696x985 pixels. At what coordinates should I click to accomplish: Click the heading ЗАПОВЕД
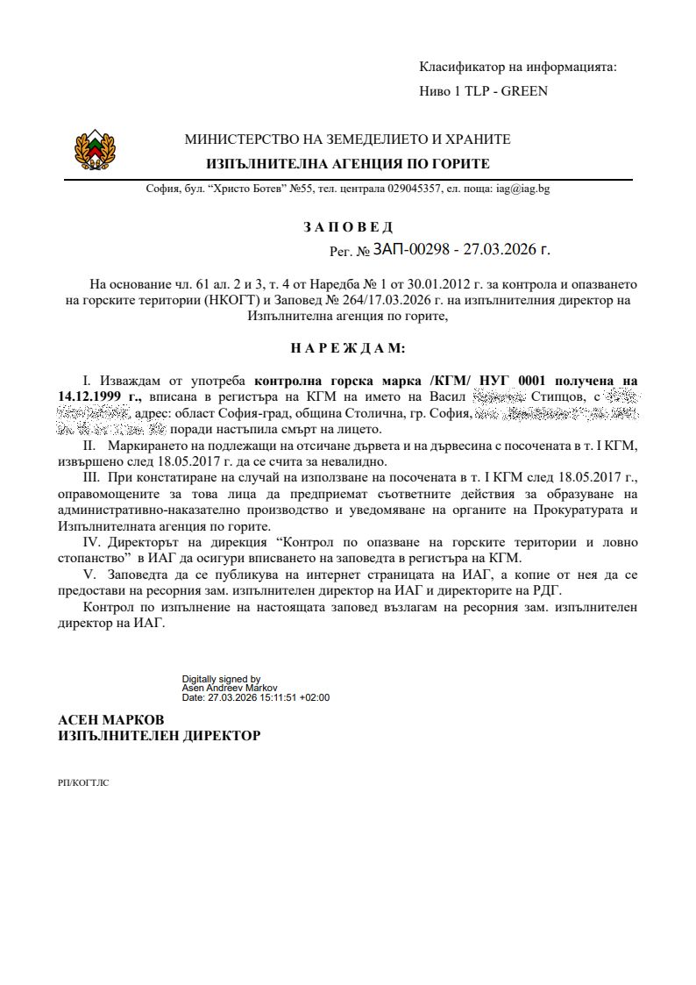(x=348, y=228)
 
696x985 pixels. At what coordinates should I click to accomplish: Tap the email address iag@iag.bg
(x=522, y=189)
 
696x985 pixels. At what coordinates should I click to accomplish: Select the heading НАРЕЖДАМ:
(x=348, y=348)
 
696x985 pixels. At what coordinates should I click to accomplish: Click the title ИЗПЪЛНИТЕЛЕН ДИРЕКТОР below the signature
(x=159, y=736)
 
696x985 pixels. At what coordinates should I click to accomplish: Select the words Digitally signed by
(x=221, y=679)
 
